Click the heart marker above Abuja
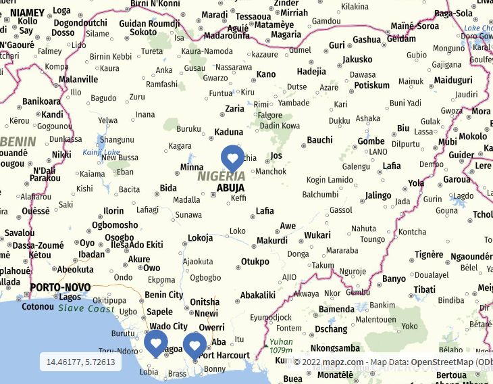click(232, 158)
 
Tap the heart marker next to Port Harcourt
click(194, 345)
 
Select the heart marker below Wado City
click(155, 343)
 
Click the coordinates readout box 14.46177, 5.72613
click(80, 362)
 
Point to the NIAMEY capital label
click(28, 12)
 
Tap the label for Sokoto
click(143, 32)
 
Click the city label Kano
click(266, 74)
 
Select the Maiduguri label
click(453, 80)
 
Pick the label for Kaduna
click(228, 133)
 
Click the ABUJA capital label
click(230, 188)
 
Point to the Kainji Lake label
click(101, 152)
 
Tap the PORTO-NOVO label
click(60, 287)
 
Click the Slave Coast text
click(86, 308)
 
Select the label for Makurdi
click(271, 241)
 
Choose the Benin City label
click(163, 295)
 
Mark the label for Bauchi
click(319, 141)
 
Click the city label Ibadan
click(91, 255)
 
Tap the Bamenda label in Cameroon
click(336, 309)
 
